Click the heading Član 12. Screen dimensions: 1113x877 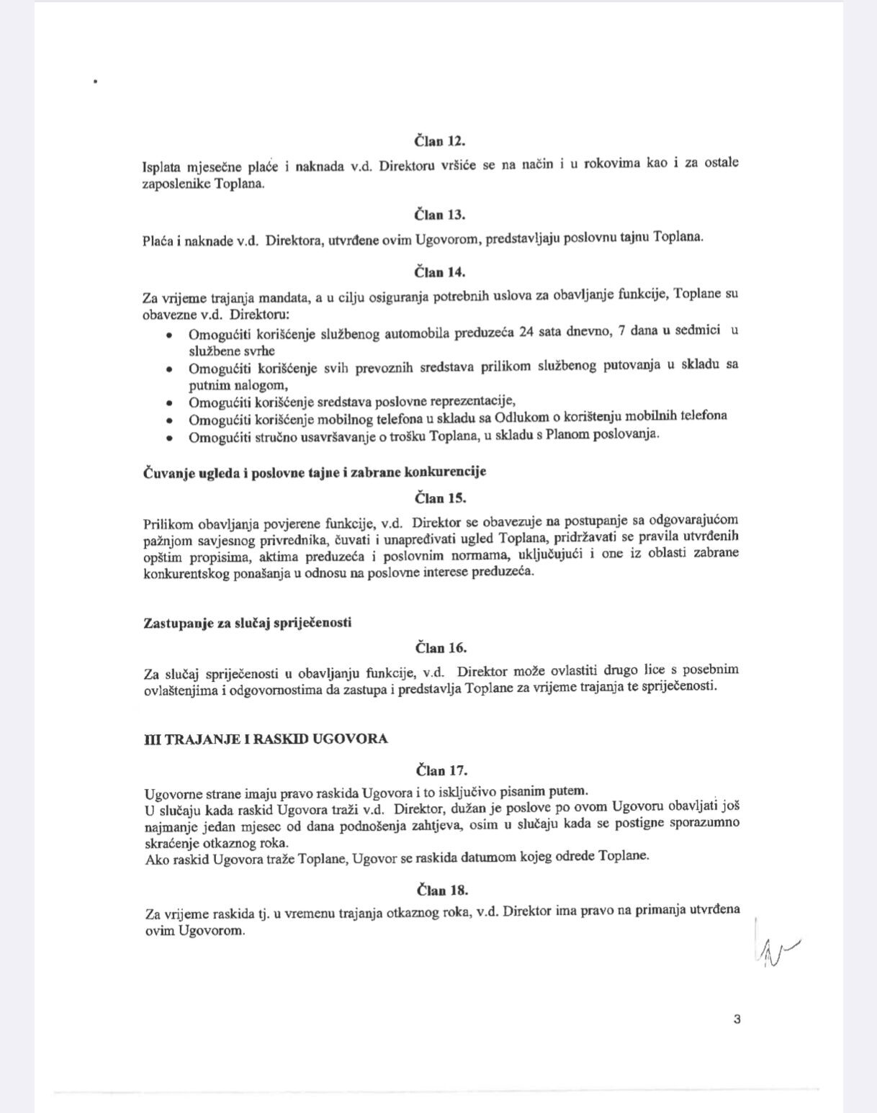[439, 141]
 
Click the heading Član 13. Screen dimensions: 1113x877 [439, 215]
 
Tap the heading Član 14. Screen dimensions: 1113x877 [439, 272]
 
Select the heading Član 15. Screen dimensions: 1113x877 [440, 497]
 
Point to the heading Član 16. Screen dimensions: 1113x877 [441, 648]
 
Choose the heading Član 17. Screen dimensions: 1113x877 [441, 770]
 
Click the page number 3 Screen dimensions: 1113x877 [737, 1019]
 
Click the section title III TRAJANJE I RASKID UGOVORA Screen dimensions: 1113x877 [266, 739]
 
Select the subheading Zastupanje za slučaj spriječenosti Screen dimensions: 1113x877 [248, 623]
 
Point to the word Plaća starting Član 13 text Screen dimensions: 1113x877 [157, 240]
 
